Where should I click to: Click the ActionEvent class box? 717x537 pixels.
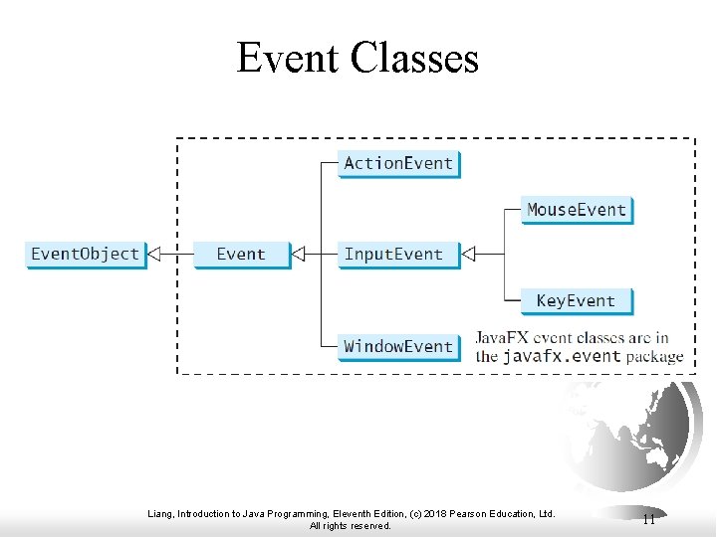[x=398, y=163]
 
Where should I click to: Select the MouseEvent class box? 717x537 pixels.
[x=577, y=210]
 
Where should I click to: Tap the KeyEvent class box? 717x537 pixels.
[x=576, y=300]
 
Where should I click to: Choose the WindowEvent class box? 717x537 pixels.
[x=398, y=346]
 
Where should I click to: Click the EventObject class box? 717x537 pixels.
[x=85, y=255]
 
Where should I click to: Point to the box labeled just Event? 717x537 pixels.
[x=241, y=255]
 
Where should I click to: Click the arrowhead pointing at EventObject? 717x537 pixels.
[x=154, y=255]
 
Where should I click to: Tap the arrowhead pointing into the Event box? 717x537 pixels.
[x=298, y=255]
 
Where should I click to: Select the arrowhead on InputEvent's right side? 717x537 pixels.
[x=469, y=255]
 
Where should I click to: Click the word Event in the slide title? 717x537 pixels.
[x=288, y=58]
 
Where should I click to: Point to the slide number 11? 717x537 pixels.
[x=648, y=519]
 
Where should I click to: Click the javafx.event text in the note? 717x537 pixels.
[x=562, y=356]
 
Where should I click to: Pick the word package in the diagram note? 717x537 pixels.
[x=655, y=356]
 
